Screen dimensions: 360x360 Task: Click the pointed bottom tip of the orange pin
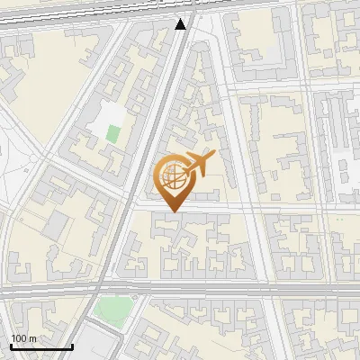tap(172, 211)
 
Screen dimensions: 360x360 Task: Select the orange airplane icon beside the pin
tap(199, 165)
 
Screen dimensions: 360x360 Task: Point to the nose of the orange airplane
tap(214, 154)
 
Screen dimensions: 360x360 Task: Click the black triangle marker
tap(181, 24)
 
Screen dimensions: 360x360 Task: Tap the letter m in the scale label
tap(32, 338)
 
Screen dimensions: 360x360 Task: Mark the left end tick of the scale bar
tap(11, 346)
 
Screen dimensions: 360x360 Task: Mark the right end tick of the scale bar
tap(72, 346)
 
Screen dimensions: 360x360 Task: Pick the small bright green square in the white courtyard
tap(112, 133)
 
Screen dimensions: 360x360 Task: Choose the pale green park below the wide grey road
tap(112, 310)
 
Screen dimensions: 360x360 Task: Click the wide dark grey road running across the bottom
tap(225, 290)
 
